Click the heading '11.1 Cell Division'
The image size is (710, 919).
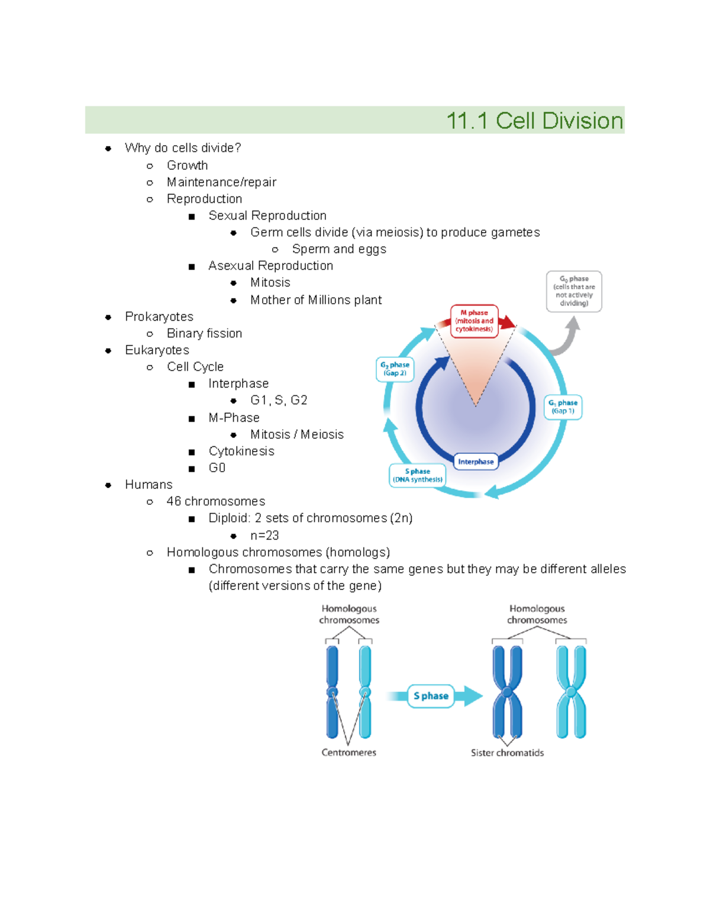pyautogui.click(x=534, y=121)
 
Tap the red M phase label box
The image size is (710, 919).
pyautogui.click(x=474, y=321)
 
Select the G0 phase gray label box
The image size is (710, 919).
pyautogui.click(x=574, y=291)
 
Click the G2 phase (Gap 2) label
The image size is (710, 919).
pyautogui.click(x=395, y=369)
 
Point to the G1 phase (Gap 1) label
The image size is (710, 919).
pyautogui.click(x=563, y=407)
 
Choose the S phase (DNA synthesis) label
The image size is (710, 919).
pyautogui.click(x=417, y=475)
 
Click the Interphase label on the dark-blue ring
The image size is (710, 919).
pyautogui.click(x=476, y=462)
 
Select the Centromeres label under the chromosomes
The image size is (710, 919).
pyautogui.click(x=348, y=753)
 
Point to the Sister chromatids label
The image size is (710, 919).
pyautogui.click(x=507, y=753)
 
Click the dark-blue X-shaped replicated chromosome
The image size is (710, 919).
pyautogui.click(x=508, y=691)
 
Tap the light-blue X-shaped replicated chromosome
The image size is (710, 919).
pyautogui.click(x=571, y=691)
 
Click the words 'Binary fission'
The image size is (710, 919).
pyautogui.click(x=204, y=334)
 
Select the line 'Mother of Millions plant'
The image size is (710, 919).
pyautogui.click(x=316, y=300)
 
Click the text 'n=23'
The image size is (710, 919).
pyautogui.click(x=264, y=536)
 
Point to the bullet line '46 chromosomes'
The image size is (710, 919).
pyautogui.click(x=215, y=501)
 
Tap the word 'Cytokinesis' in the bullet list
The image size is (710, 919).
pyautogui.click(x=241, y=452)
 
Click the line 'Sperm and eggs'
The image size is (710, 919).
pyautogui.click(x=339, y=249)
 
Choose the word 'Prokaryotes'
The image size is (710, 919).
pyautogui.click(x=159, y=317)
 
